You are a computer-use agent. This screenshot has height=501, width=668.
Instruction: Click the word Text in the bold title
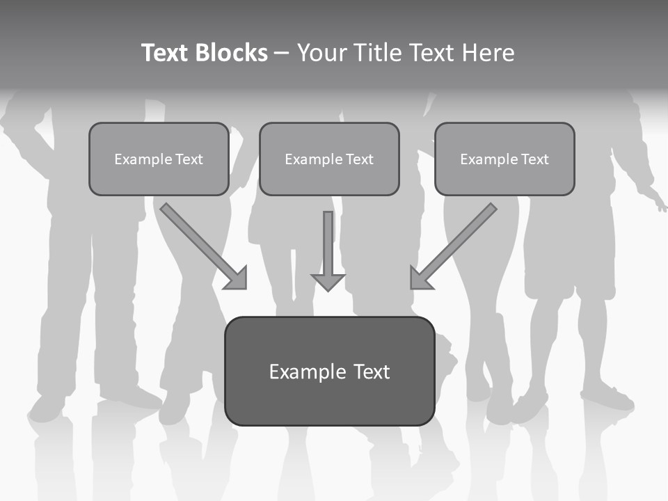point(166,53)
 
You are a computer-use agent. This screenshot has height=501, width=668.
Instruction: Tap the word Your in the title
point(323,53)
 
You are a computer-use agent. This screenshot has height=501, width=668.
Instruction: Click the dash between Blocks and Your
point(282,54)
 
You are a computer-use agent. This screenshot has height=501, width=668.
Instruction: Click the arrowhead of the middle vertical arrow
point(328,282)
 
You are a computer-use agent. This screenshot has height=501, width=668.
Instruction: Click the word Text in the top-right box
point(534,159)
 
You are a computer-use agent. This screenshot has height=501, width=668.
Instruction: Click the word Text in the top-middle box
point(359,159)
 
